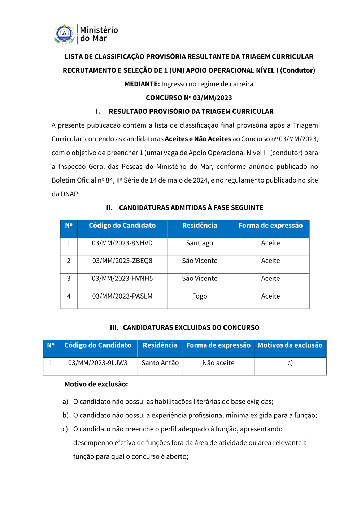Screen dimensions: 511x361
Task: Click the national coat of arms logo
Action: [x=64, y=34]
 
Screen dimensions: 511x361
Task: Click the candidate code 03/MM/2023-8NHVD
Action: [x=122, y=243]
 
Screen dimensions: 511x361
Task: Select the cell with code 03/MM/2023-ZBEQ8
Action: [x=122, y=261]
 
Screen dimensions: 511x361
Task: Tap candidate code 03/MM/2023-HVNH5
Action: [x=122, y=279]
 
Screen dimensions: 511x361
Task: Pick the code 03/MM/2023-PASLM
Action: [x=122, y=296]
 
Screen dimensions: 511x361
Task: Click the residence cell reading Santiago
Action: [x=199, y=243]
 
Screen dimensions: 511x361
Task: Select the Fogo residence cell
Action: [x=199, y=296]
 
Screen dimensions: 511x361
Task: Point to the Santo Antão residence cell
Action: [x=160, y=363]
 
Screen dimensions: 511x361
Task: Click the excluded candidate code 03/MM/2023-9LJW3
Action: [x=97, y=363]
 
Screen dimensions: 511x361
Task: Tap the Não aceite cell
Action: [x=218, y=363]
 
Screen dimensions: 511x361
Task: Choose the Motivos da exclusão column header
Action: [x=290, y=345]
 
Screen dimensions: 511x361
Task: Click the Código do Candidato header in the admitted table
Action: [x=122, y=226]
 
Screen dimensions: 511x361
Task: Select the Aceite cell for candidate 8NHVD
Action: [x=270, y=243]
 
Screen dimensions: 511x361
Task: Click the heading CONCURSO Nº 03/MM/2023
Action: [x=189, y=98]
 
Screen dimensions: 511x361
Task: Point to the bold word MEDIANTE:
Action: [x=142, y=84]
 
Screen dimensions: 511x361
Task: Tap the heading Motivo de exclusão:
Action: [x=96, y=384]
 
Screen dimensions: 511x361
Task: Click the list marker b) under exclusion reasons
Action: [x=65, y=415]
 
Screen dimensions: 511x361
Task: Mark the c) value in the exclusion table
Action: [x=290, y=363]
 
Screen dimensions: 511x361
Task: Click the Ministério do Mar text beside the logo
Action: [x=99, y=34]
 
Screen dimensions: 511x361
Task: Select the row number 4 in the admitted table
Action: [x=69, y=296]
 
